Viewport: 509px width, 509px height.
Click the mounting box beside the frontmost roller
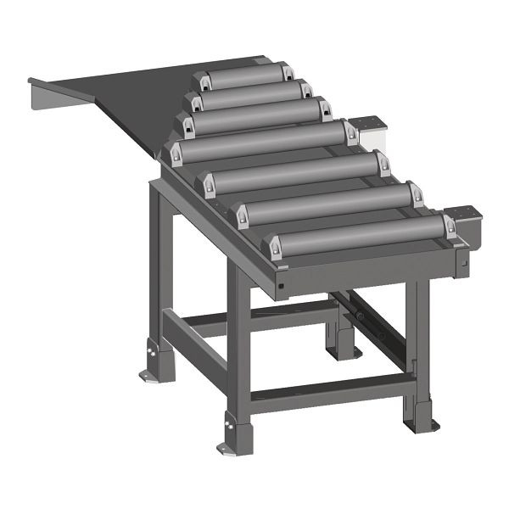[x=462, y=221]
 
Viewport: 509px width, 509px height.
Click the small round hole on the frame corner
[x=280, y=286]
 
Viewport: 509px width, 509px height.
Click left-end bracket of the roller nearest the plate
[x=202, y=81]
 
